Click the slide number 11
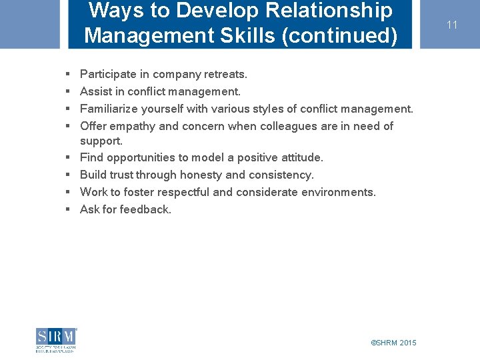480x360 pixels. tap(452, 25)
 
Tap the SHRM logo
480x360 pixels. tap(57, 340)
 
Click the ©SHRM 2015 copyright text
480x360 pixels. tap(393, 343)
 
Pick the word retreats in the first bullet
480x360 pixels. tap(225, 74)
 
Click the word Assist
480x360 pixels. tap(95, 91)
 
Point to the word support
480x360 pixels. tap(101, 141)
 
